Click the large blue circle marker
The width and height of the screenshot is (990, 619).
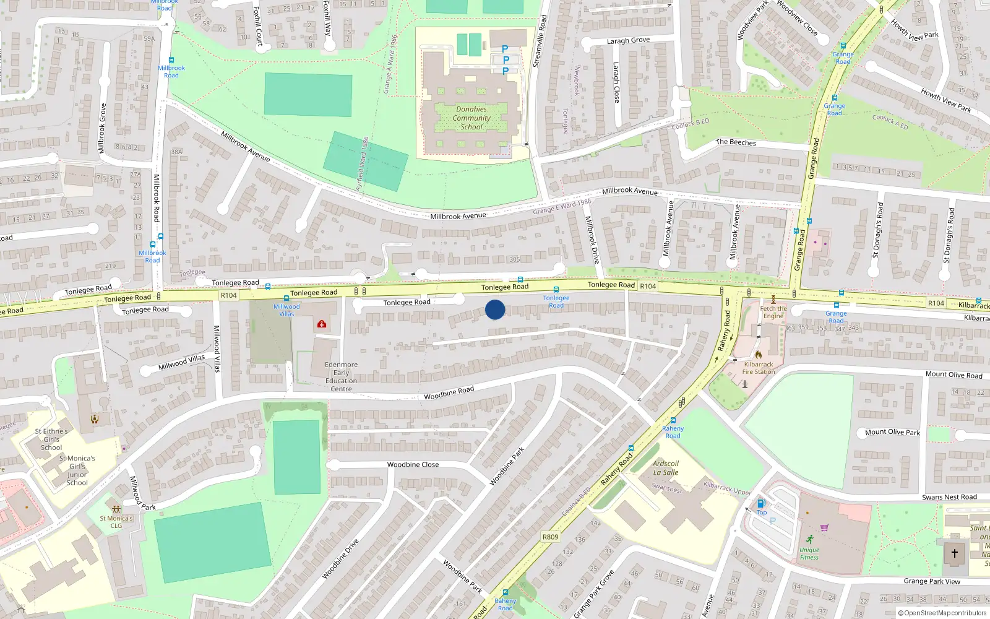pyautogui.click(x=495, y=309)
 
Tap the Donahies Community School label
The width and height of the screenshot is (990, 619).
pyautogui.click(x=471, y=118)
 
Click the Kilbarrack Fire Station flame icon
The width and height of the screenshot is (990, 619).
pyautogui.click(x=759, y=355)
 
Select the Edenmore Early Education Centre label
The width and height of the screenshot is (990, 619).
pyautogui.click(x=341, y=376)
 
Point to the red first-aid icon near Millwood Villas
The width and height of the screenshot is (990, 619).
pyautogui.click(x=322, y=324)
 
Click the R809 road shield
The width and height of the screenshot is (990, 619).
pyautogui.click(x=550, y=537)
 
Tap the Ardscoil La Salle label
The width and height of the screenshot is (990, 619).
pyautogui.click(x=666, y=468)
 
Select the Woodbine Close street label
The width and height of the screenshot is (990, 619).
pyautogui.click(x=413, y=464)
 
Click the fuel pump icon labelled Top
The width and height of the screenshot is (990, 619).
pyautogui.click(x=761, y=503)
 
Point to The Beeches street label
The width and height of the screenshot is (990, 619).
pyautogui.click(x=736, y=142)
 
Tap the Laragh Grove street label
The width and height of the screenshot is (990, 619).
pyautogui.click(x=628, y=41)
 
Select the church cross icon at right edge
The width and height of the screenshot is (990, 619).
pyautogui.click(x=954, y=553)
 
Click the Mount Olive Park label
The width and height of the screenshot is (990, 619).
pyautogui.click(x=892, y=432)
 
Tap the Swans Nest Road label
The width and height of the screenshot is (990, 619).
pyautogui.click(x=949, y=497)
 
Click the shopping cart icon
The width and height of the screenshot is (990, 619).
pyautogui.click(x=824, y=527)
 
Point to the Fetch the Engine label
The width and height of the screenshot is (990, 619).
pyautogui.click(x=773, y=312)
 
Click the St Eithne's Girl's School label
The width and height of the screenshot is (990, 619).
pyautogui.click(x=51, y=439)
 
